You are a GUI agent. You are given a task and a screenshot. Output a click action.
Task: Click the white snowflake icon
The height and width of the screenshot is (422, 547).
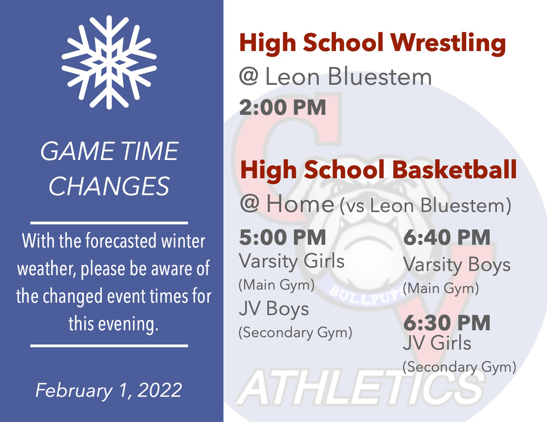[x=109, y=62]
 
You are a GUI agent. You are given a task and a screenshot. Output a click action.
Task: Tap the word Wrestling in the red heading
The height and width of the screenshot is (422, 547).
[x=448, y=43]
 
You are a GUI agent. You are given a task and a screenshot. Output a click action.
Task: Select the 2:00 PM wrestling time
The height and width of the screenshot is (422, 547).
[x=283, y=107]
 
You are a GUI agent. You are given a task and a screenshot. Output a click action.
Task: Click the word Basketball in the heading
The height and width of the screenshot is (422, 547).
[x=455, y=170]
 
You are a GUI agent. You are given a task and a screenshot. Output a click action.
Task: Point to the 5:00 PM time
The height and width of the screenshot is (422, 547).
[x=283, y=237]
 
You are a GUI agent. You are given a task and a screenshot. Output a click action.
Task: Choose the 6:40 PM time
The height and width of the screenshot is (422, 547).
[x=447, y=237]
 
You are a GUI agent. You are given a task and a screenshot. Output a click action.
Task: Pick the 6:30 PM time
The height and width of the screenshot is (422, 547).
[x=447, y=323]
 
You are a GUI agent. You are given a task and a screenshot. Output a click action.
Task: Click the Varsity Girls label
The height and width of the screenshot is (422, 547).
[x=292, y=261]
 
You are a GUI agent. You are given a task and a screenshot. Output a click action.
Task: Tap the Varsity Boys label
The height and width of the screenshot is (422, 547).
[x=457, y=265]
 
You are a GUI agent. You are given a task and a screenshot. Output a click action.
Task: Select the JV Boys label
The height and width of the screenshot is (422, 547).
[x=274, y=309]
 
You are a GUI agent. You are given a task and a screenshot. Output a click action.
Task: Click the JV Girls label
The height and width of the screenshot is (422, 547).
[x=437, y=343]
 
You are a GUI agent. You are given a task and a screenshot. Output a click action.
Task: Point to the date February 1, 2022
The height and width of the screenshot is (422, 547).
[x=109, y=391]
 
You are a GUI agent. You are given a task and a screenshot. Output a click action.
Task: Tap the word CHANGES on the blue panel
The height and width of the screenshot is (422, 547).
[x=109, y=186]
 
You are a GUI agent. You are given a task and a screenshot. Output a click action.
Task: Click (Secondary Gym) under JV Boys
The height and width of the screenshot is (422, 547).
[x=295, y=332]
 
